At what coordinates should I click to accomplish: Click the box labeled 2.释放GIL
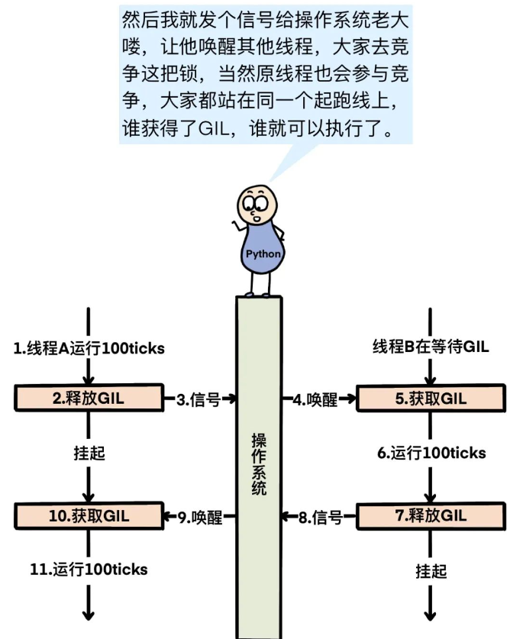click(89, 398)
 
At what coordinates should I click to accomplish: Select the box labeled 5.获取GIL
click(431, 398)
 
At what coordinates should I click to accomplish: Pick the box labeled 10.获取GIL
click(89, 516)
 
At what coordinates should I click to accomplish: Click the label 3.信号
click(199, 399)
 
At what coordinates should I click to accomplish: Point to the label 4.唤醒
click(315, 399)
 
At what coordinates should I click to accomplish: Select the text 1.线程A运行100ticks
click(89, 349)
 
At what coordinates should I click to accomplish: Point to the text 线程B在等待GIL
click(431, 347)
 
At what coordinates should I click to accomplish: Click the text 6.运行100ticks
click(431, 453)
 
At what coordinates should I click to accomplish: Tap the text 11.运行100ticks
click(89, 569)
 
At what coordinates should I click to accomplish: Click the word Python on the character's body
click(262, 254)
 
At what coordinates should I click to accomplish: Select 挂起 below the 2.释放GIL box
click(89, 453)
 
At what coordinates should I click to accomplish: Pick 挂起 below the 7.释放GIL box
click(431, 570)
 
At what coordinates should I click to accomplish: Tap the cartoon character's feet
click(258, 294)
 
